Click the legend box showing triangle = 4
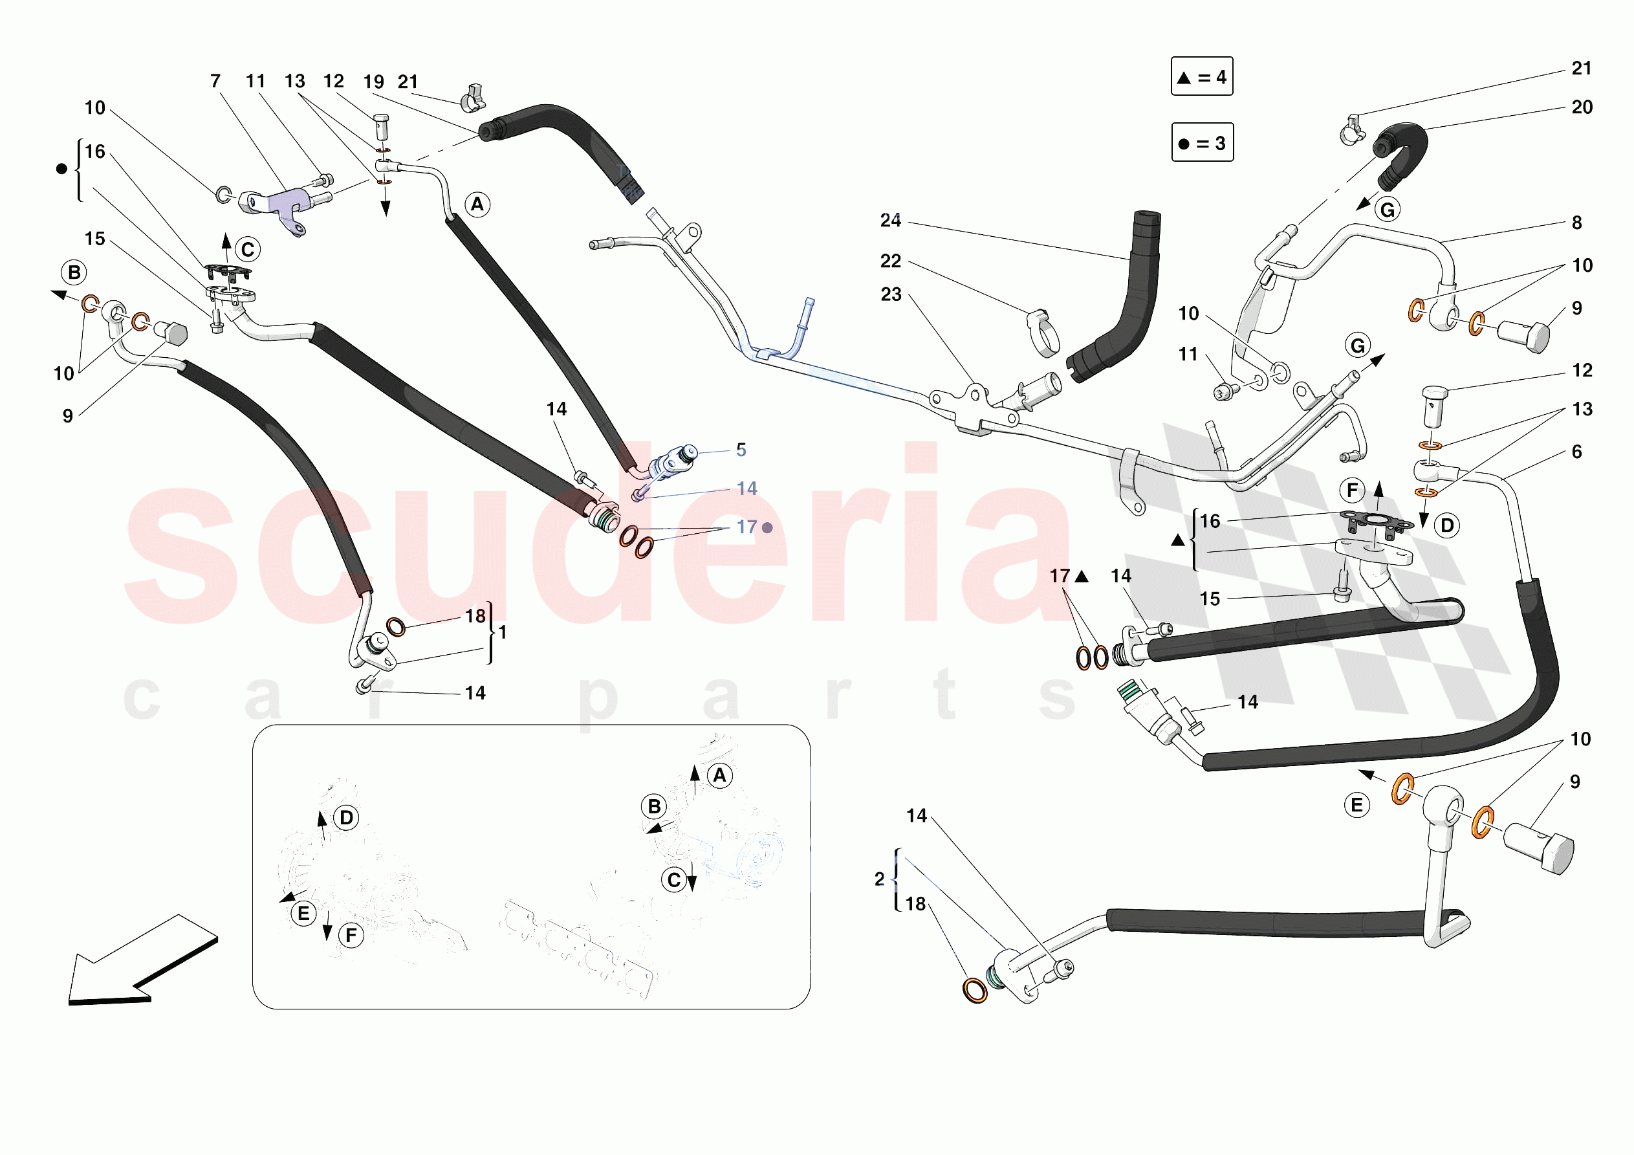(1201, 76)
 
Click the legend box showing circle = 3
(1202, 142)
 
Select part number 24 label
(890, 221)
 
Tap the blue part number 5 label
(741, 450)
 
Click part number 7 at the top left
(215, 81)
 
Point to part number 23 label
(891, 295)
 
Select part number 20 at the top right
(1582, 107)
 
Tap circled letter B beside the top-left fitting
(74, 272)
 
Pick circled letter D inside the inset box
(347, 817)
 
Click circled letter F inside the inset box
(351, 936)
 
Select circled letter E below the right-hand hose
(1356, 806)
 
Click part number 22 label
(890, 261)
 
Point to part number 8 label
(1576, 223)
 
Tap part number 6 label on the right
(1576, 452)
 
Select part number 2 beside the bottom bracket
(880, 879)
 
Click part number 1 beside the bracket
(503, 632)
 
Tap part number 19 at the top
(374, 82)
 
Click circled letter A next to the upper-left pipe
(477, 205)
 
